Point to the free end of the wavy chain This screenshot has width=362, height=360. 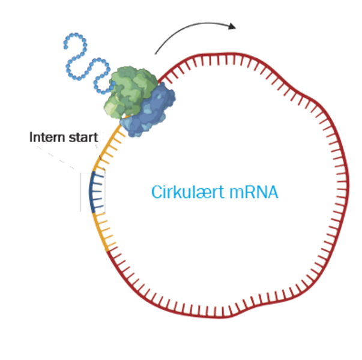[65, 46]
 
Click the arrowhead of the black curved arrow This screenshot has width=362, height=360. [233, 26]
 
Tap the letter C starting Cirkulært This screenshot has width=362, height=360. [154, 193]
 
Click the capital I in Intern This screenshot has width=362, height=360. [32, 137]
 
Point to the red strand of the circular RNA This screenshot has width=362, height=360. [336, 180]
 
